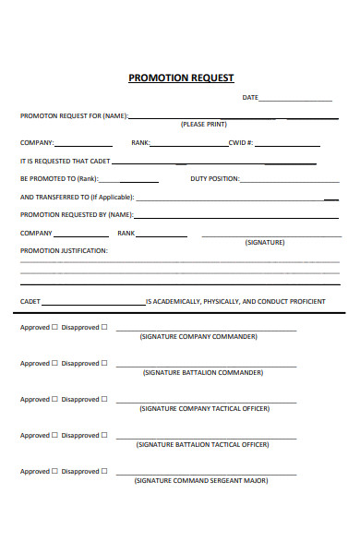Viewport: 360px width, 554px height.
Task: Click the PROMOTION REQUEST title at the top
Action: pos(181,78)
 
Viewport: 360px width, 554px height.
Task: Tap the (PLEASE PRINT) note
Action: pos(203,124)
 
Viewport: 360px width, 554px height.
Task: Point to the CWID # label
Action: pos(241,143)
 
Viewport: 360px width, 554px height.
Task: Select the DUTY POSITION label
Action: pos(214,178)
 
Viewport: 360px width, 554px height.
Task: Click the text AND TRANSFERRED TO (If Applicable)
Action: pos(77,197)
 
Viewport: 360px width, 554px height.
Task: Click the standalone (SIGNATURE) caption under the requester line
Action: pos(265,242)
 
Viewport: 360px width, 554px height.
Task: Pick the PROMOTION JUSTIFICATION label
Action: pos(64,250)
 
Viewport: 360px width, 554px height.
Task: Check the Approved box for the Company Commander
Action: pos(54,327)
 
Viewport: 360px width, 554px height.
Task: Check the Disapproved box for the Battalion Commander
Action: pos(104,363)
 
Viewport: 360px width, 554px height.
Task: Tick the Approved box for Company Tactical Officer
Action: pos(54,399)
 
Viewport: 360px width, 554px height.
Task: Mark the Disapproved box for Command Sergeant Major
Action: pos(104,471)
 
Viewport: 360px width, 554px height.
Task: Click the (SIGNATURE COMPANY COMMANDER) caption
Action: pos(198,337)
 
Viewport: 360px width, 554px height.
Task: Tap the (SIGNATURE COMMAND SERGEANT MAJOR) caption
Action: pos(200,481)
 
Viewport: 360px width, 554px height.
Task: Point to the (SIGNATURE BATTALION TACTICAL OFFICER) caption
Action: pos(203,444)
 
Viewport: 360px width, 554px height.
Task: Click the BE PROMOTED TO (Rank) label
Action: pos(58,178)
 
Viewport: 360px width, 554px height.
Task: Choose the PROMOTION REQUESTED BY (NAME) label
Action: pos(77,214)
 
